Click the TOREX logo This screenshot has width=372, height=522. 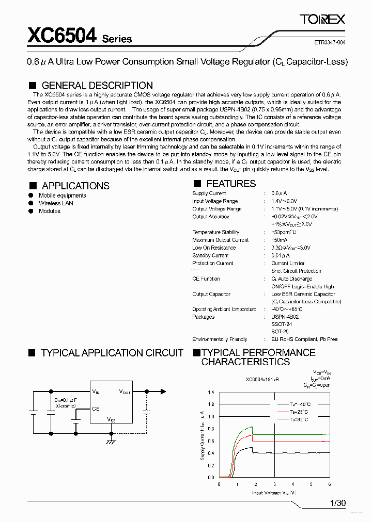pos(322,20)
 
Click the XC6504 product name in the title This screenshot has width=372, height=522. pos(61,36)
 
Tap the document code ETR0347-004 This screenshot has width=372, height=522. pos(330,43)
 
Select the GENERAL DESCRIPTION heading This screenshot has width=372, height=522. pos(97,85)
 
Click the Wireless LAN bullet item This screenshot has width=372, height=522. pos(56,203)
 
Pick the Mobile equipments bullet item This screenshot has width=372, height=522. pos(63,195)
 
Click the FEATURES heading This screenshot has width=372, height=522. pos(231,184)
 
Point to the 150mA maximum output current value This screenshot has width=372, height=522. pos(280,240)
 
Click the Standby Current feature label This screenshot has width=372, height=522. pos(210,255)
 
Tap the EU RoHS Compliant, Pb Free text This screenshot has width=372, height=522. pos(304,339)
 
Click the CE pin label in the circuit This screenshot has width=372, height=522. pos(96,409)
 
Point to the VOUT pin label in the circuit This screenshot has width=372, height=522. pos(125,392)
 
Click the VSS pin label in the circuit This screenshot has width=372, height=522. pos(112,420)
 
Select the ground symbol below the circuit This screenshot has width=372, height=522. pos(110,442)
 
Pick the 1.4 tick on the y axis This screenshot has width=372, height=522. pos(211,392)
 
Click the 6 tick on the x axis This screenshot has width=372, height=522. pos(329,484)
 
